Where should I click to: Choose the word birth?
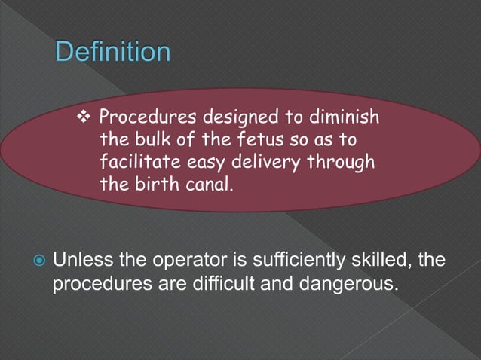pyautogui.click(x=152, y=183)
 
